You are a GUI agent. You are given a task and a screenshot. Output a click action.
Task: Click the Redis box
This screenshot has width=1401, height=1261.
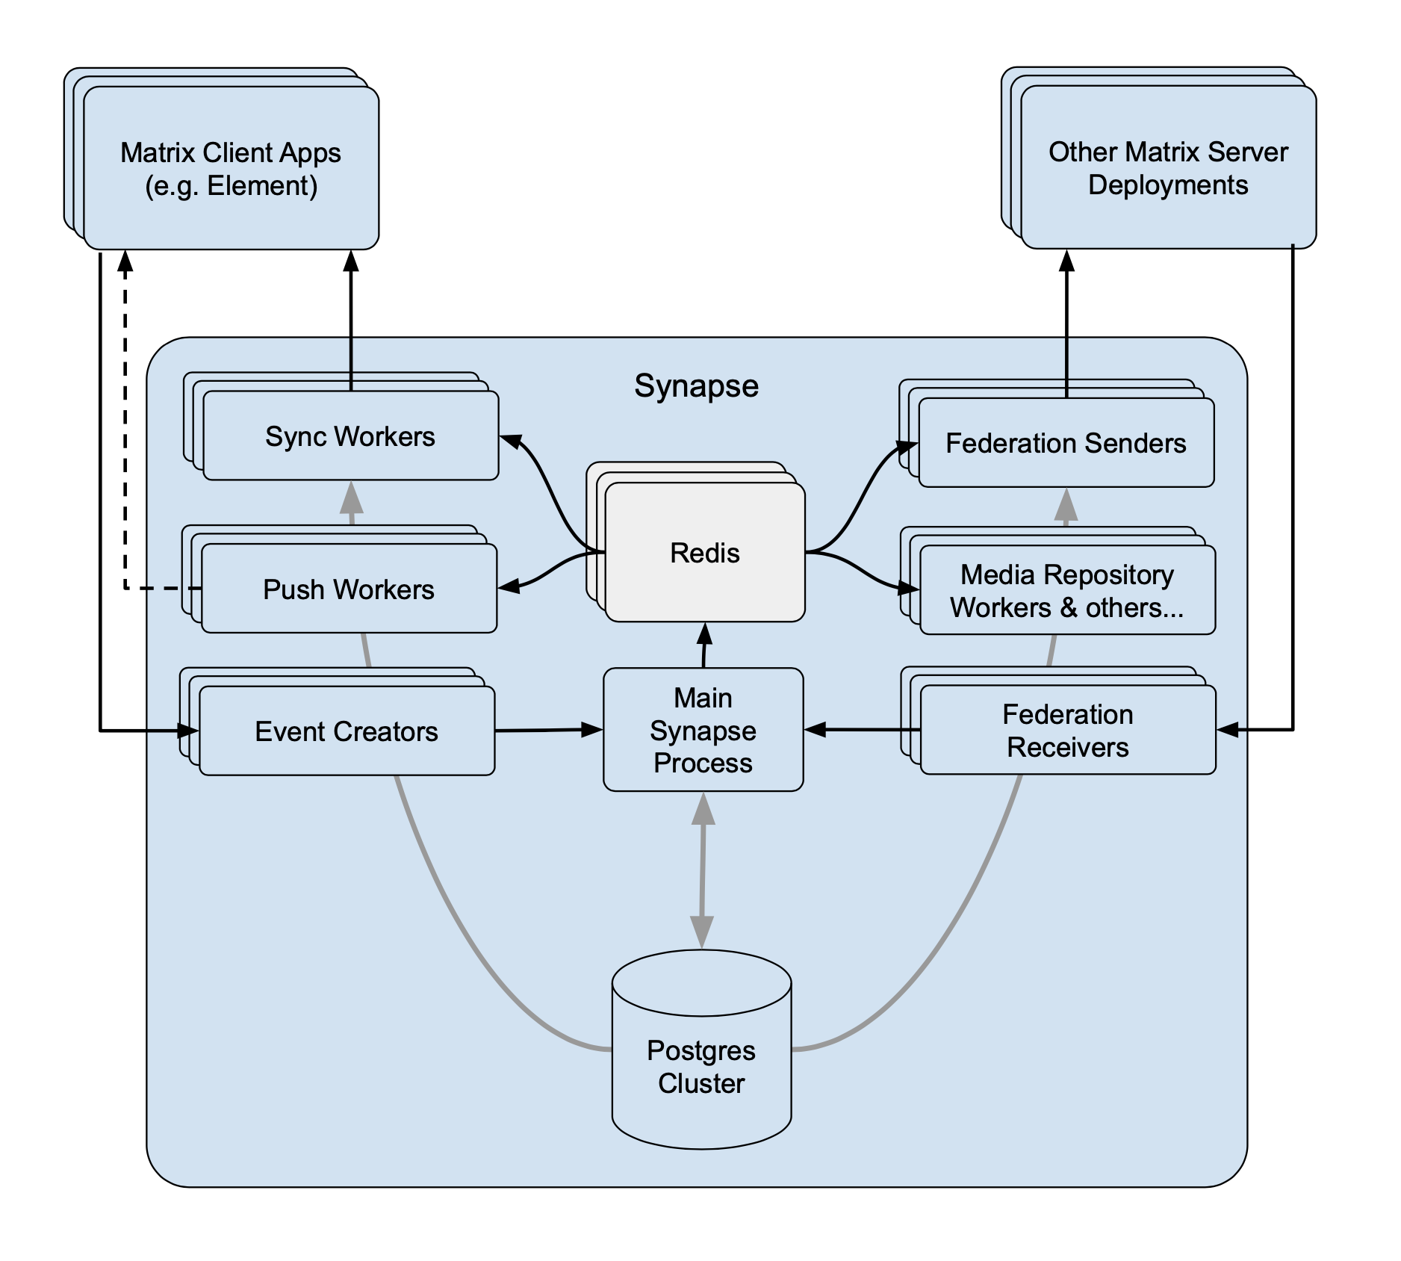pyautogui.click(x=705, y=553)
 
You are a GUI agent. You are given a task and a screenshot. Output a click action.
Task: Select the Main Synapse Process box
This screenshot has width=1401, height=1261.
pyautogui.click(x=703, y=730)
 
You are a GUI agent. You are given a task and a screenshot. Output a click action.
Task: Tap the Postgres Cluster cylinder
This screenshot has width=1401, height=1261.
pyautogui.click(x=701, y=1066)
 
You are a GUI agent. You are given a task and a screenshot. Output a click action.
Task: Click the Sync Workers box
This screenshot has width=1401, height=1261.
pyautogui.click(x=350, y=436)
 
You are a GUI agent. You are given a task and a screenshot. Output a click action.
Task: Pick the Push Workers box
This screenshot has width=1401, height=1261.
pyautogui.click(x=349, y=589)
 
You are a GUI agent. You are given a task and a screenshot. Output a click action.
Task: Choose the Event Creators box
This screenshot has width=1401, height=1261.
pyautogui.click(x=347, y=731)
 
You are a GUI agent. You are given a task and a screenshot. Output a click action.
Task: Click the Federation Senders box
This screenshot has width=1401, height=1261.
pyautogui.click(x=1066, y=443)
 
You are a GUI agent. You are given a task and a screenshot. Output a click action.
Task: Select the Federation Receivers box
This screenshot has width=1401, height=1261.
pyautogui.click(x=1067, y=731)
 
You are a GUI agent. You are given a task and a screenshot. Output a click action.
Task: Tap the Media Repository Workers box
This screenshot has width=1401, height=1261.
pyautogui.click(x=1067, y=591)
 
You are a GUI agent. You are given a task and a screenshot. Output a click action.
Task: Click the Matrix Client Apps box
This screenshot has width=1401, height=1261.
pyautogui.click(x=231, y=169)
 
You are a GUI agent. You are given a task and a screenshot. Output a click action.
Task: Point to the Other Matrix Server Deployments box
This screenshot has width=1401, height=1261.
pyautogui.click(x=1168, y=168)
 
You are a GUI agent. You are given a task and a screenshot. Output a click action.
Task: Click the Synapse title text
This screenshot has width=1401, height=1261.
pyautogui.click(x=696, y=386)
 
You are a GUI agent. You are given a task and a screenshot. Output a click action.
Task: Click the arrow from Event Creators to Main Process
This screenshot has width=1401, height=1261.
pyautogui.click(x=549, y=730)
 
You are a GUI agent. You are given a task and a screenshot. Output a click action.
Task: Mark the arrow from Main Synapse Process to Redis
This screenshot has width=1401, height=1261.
pyautogui.click(x=704, y=645)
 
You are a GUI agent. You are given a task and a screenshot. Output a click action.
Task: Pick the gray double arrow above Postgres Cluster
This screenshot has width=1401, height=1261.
pyautogui.click(x=702, y=870)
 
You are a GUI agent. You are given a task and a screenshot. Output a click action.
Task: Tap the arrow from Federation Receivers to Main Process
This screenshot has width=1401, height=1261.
pyautogui.click(x=862, y=729)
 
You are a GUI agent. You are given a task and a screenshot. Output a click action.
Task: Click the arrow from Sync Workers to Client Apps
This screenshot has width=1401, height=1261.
pyautogui.click(x=351, y=321)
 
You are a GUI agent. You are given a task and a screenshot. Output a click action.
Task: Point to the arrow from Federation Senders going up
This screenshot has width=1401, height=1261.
pyautogui.click(x=1066, y=321)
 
